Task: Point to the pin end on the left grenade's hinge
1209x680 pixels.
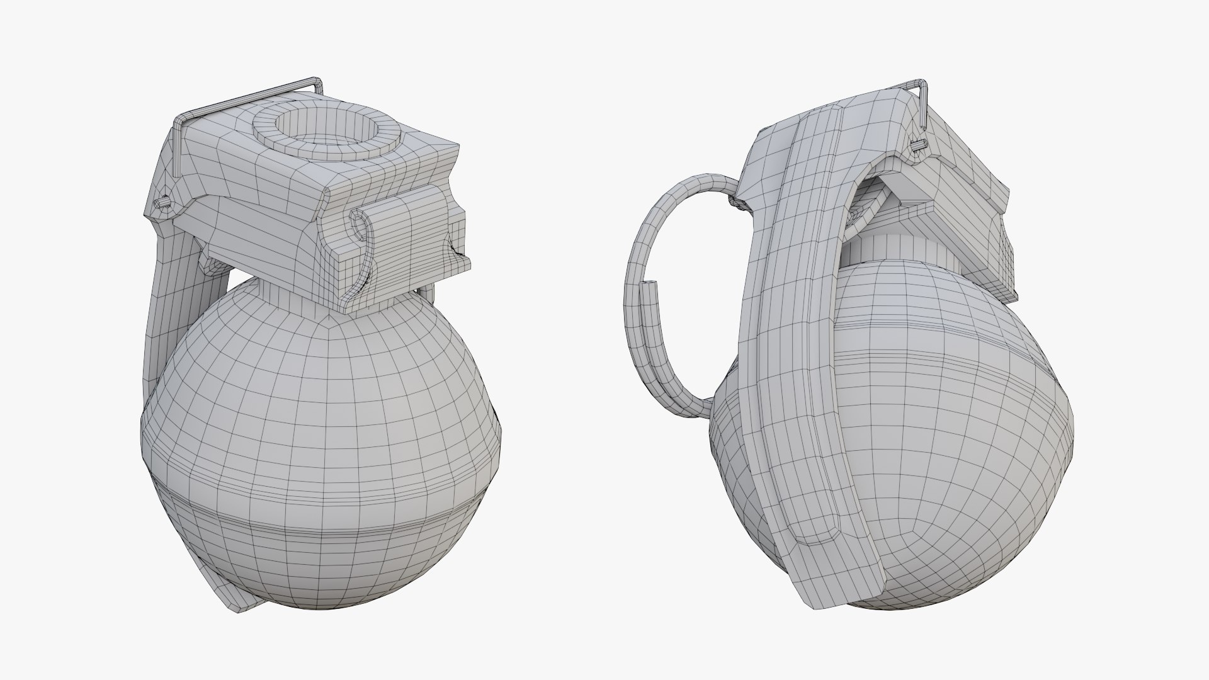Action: [163, 203]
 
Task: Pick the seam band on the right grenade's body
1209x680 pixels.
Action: [945, 327]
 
